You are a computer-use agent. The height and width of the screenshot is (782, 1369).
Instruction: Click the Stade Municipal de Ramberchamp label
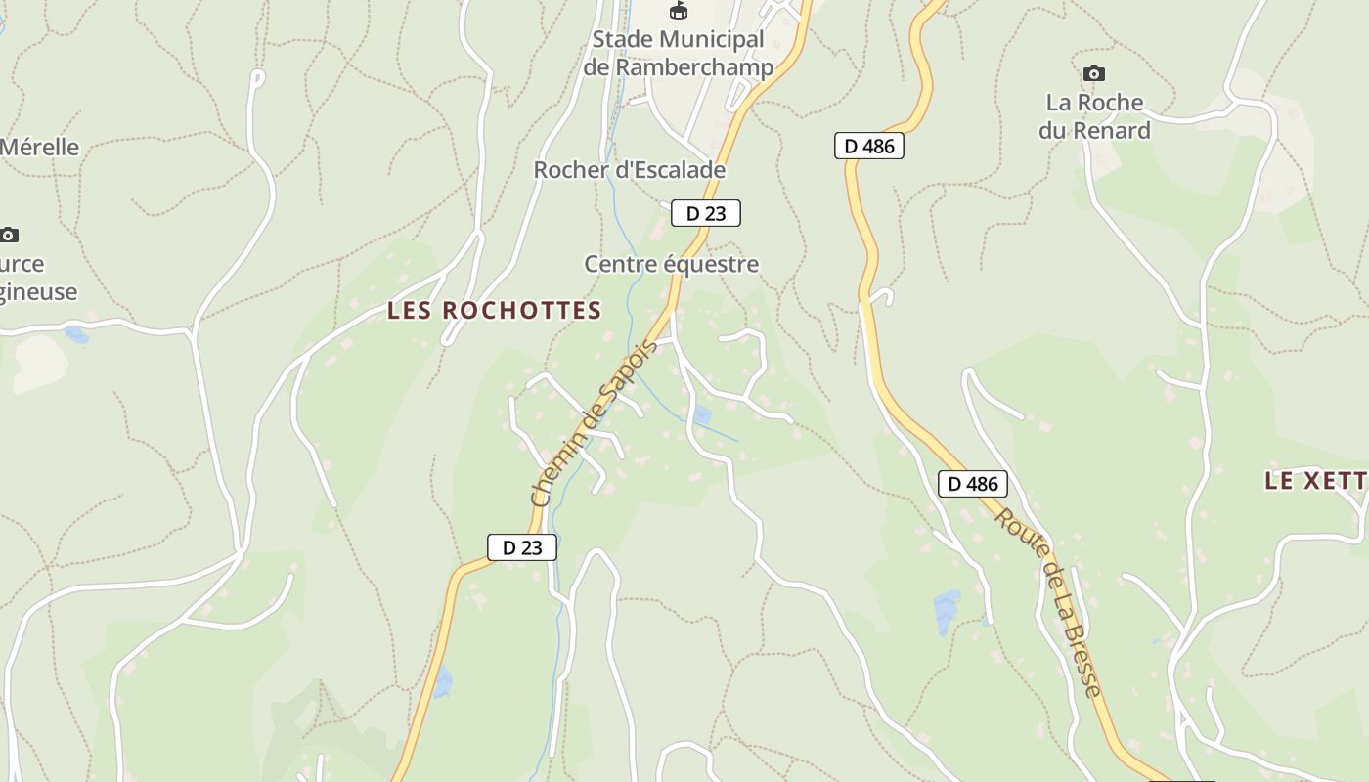tap(678, 54)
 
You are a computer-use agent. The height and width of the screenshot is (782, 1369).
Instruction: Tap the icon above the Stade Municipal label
tap(678, 11)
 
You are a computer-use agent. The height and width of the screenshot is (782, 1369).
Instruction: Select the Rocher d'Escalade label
tap(629, 170)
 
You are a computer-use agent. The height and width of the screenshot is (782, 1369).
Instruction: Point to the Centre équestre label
tap(671, 264)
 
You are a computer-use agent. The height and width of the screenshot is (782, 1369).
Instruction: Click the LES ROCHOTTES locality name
tap(494, 311)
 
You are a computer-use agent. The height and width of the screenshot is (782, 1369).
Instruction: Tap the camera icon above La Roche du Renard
tap(1094, 73)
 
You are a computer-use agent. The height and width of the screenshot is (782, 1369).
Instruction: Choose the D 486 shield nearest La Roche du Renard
tap(868, 147)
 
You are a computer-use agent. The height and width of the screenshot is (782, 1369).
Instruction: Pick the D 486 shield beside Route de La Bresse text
tap(972, 483)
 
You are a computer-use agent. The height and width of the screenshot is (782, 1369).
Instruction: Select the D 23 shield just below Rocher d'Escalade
tap(705, 213)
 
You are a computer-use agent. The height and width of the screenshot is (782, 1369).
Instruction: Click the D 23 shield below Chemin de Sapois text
tap(521, 547)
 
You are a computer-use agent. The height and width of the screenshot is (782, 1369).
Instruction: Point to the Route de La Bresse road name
tap(1049, 602)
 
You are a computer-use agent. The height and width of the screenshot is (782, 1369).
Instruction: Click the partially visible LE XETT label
tap(1315, 480)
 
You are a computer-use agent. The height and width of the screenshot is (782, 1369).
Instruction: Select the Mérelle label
tap(39, 148)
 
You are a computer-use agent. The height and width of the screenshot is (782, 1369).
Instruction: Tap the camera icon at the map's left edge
tap(9, 235)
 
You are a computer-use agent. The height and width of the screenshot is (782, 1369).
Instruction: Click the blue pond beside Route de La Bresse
tap(947, 612)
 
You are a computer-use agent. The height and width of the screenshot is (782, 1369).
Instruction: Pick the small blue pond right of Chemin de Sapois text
tap(702, 415)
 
